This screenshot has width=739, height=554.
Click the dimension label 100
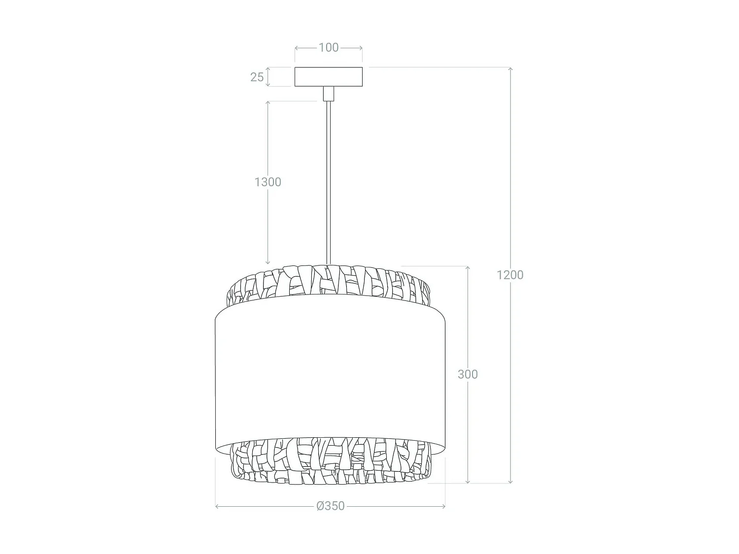click(329, 47)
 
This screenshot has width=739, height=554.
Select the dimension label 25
click(257, 77)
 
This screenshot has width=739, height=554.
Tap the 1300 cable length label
click(268, 182)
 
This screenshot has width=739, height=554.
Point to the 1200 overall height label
click(510, 275)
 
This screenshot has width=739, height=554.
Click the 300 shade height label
click(468, 374)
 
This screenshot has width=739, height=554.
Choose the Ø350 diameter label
click(331, 506)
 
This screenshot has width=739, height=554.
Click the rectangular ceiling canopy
click(329, 77)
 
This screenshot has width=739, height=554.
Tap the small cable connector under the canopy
click(328, 94)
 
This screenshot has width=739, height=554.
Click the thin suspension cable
click(328, 182)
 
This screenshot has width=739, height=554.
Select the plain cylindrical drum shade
click(330, 374)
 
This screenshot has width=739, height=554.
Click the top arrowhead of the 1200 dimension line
click(510, 68)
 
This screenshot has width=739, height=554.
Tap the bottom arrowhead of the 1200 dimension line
click(510, 482)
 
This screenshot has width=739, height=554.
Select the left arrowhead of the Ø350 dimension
click(217, 506)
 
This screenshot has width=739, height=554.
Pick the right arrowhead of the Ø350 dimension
click(444, 506)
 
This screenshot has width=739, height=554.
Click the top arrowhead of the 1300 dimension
click(268, 103)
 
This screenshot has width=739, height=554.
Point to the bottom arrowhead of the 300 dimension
click(468, 482)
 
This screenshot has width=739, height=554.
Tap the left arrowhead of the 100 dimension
click(297, 48)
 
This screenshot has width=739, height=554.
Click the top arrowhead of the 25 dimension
click(268, 69)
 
